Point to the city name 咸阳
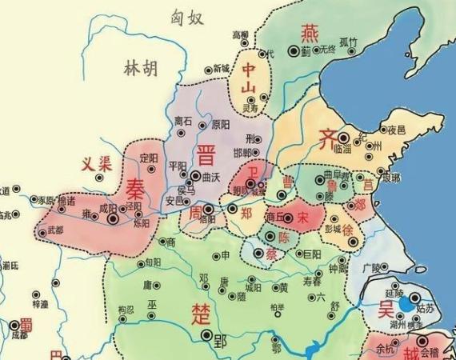click(108, 206)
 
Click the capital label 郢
click(222, 340)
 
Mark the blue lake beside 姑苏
click(408, 304)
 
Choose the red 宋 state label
click(302, 216)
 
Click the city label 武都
click(56, 230)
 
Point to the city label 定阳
click(149, 158)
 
